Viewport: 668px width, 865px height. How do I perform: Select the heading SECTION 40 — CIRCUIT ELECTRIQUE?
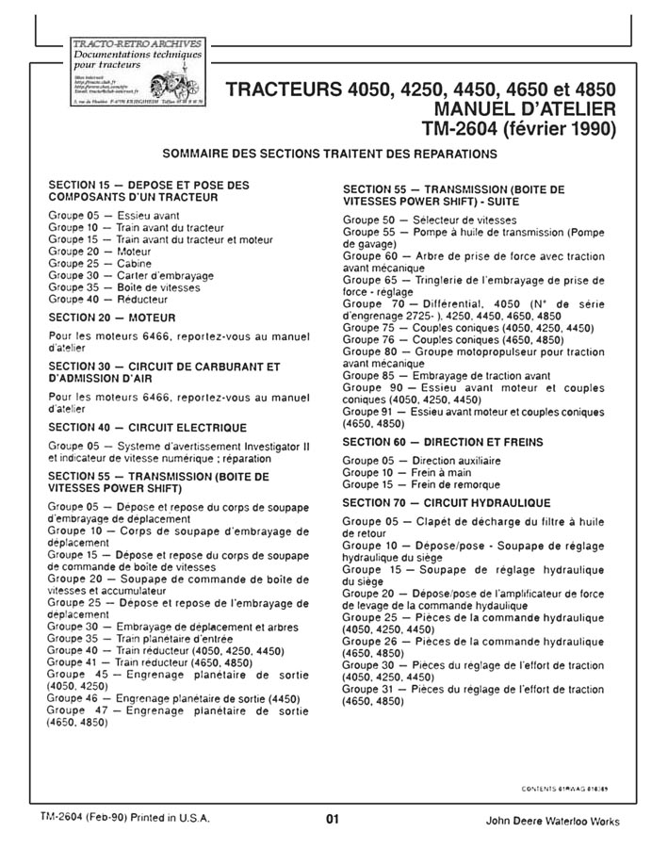[x=147, y=427]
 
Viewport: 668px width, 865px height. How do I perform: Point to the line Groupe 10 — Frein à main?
[x=399, y=472]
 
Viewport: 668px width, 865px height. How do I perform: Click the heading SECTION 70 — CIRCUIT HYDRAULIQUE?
[x=447, y=503]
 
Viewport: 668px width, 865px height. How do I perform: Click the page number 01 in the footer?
[x=332, y=819]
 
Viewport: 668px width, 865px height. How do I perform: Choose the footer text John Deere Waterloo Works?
[x=552, y=821]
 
